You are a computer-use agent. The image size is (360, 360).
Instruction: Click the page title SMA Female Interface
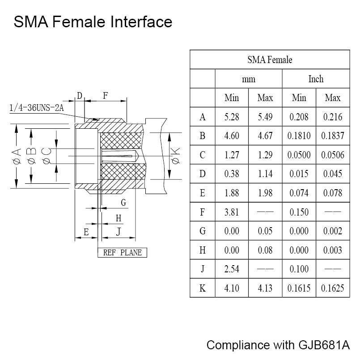(x=93, y=22)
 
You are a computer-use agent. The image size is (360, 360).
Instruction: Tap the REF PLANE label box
(x=122, y=253)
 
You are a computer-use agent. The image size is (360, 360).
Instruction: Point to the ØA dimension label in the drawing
(x=17, y=157)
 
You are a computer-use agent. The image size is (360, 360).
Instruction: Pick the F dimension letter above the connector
(x=106, y=95)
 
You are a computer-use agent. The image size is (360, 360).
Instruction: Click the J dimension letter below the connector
(x=118, y=232)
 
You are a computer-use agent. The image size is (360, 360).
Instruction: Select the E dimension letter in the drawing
(x=86, y=232)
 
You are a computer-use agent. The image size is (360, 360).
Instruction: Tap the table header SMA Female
(x=270, y=60)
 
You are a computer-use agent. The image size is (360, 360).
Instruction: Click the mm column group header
(x=249, y=79)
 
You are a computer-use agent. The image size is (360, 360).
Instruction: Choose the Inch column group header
(x=316, y=79)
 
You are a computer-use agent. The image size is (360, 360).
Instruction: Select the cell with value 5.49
(x=265, y=117)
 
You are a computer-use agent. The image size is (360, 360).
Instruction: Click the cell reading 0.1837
(x=333, y=136)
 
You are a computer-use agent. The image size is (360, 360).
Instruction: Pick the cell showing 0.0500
(x=299, y=155)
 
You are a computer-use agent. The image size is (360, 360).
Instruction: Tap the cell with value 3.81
(x=232, y=212)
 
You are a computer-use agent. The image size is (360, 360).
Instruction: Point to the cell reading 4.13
(x=265, y=288)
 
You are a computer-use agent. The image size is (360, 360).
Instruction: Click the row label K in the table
(x=203, y=288)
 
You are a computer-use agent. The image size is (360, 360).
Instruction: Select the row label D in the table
(x=203, y=174)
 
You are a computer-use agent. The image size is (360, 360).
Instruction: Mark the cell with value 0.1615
(x=299, y=288)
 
